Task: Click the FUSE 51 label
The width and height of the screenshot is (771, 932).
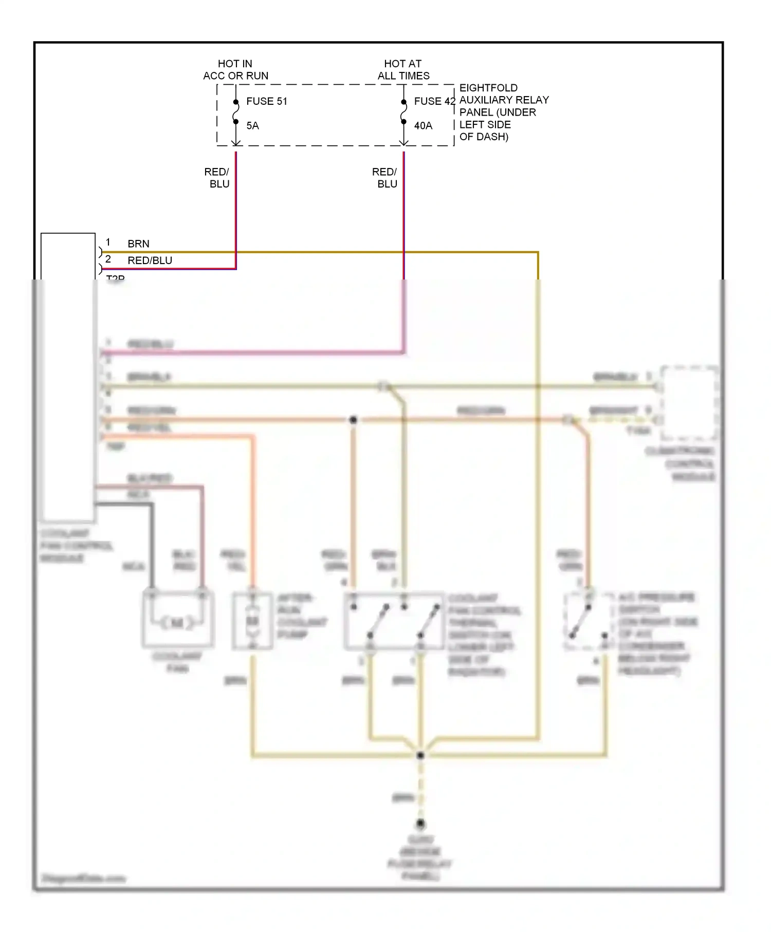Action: (266, 101)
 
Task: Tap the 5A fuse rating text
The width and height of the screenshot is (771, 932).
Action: (252, 126)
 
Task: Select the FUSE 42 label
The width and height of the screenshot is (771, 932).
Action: (434, 101)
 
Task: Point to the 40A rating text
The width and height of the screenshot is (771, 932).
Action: (423, 126)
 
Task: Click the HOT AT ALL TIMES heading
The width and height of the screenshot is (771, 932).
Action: (403, 70)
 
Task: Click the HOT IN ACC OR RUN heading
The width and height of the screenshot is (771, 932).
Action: (235, 70)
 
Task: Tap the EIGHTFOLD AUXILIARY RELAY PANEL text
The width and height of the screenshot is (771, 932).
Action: (503, 112)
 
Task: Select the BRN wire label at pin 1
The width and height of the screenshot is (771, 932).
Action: (138, 244)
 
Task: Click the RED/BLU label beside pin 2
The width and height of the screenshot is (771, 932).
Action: (150, 260)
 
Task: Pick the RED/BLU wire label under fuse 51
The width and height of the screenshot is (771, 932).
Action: (217, 178)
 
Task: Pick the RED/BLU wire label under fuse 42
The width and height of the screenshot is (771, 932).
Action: (385, 178)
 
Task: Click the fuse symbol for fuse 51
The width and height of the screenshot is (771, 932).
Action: (236, 112)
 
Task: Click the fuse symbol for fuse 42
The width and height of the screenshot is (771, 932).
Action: (404, 112)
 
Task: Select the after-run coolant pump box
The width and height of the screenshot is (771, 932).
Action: (252, 621)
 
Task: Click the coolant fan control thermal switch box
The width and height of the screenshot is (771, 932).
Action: (394, 621)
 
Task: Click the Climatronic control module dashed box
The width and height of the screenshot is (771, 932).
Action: (689, 403)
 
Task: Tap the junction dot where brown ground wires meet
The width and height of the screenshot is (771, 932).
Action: (420, 755)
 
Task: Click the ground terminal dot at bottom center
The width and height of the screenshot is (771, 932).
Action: (420, 824)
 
